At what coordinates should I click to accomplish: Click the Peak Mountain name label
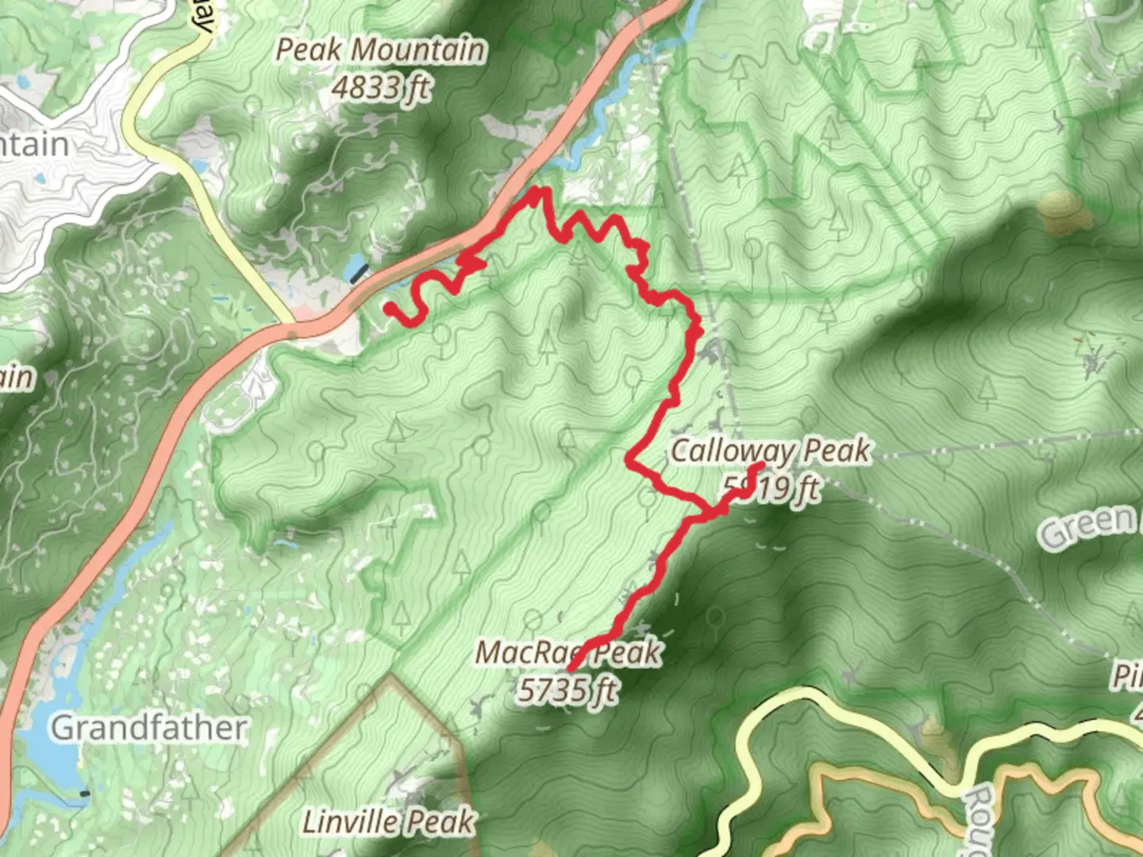click(380, 50)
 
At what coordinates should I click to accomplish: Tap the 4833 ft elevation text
click(380, 87)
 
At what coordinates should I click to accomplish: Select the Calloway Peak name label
click(770, 452)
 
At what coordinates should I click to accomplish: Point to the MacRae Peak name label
click(568, 652)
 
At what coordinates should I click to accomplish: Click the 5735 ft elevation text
click(567, 689)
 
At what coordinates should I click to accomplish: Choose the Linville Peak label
click(389, 822)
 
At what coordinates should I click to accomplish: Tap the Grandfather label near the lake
click(148, 728)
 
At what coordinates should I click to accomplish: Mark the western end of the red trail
click(388, 307)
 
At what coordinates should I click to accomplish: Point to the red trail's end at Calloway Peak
click(761, 466)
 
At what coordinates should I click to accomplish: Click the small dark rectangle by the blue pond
click(360, 275)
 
